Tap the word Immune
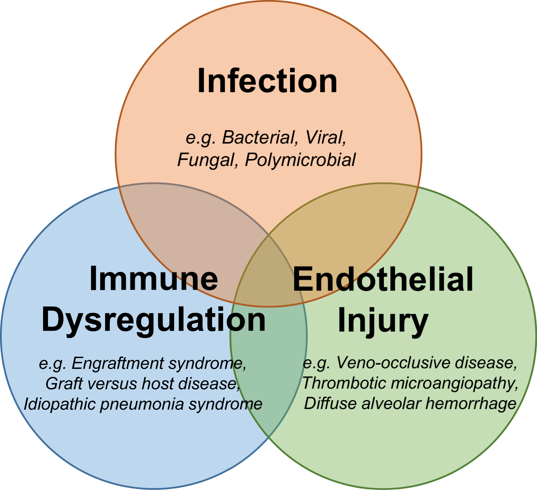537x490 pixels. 154,279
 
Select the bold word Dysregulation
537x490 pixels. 154,320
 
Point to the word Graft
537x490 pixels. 64,384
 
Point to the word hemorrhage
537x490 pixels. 470,404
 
